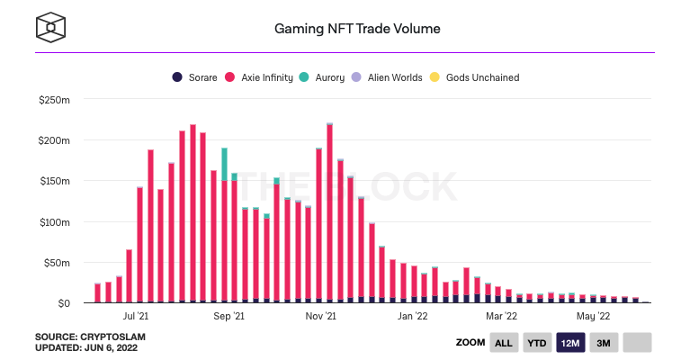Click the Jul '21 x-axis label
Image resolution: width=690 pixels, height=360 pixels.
pyautogui.click(x=135, y=316)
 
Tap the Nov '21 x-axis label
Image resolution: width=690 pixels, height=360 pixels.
pyautogui.click(x=320, y=316)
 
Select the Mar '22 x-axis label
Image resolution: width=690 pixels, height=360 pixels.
pyautogui.click(x=501, y=316)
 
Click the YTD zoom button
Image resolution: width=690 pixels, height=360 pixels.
pyautogui.click(x=537, y=343)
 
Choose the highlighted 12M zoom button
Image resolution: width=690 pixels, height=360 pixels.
pyautogui.click(x=570, y=343)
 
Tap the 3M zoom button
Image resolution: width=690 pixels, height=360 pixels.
pyautogui.click(x=604, y=343)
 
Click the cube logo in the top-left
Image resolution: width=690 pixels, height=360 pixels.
pyautogui.click(x=51, y=26)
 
